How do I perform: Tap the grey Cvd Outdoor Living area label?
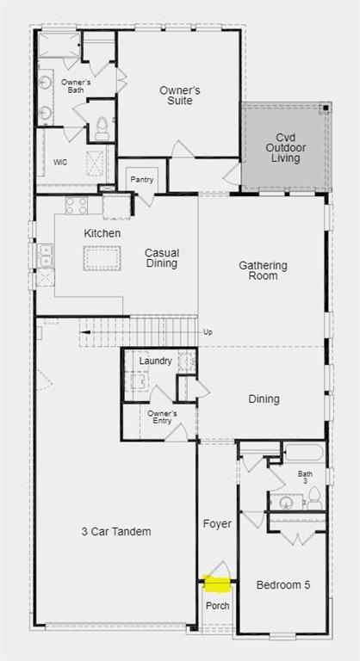coord(285,147)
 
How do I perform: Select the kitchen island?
coord(102,258)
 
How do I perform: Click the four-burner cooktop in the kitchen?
coord(77,205)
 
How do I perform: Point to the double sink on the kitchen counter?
coord(44,255)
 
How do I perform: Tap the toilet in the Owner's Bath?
coord(102,130)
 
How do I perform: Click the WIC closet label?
coord(60,162)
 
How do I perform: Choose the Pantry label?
coord(142,179)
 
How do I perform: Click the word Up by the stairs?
coord(207,331)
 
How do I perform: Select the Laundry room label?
coord(155,361)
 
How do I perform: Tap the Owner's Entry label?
coord(161,417)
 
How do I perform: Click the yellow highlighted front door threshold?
coord(217,585)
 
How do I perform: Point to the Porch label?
coord(217,605)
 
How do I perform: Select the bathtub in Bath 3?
coord(303,453)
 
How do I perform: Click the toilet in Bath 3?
coord(314,497)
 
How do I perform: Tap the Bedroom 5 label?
coord(282,585)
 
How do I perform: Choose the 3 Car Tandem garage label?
coord(116,531)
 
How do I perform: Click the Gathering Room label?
coord(263,270)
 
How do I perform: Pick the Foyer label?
coord(216,522)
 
